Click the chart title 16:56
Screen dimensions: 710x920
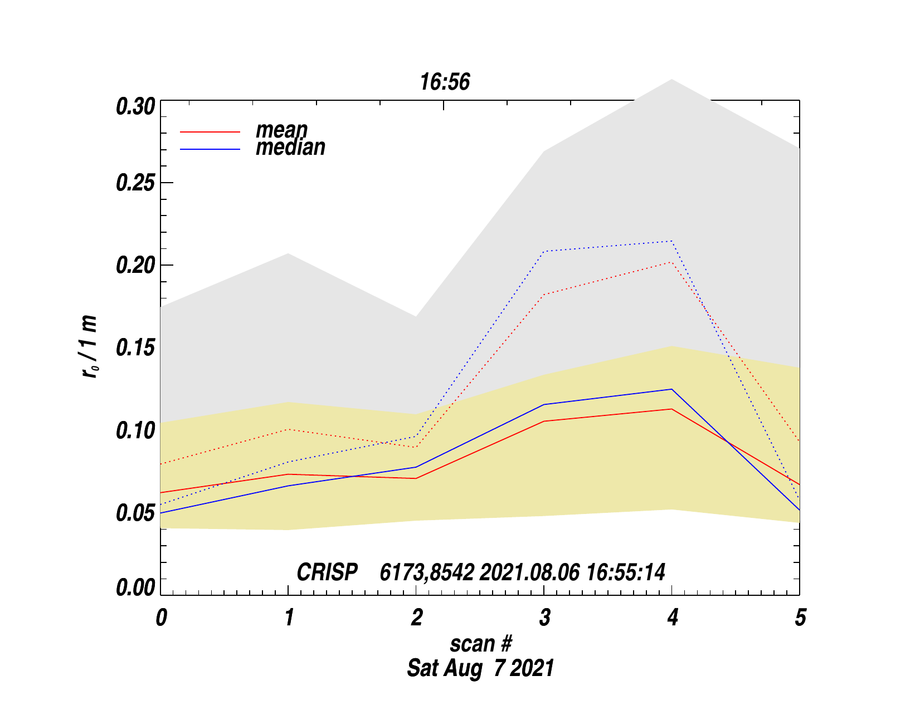[445, 82]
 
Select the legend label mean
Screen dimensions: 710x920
[281, 130]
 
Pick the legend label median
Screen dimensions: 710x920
[290, 148]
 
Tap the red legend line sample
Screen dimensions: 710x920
[210, 132]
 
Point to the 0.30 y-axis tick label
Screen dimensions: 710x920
[135, 106]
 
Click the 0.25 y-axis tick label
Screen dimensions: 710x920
[135, 183]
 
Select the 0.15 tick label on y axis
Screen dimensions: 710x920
[135, 348]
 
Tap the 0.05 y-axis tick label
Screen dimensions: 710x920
[135, 513]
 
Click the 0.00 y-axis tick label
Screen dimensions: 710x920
[135, 587]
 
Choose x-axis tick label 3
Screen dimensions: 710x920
[544, 618]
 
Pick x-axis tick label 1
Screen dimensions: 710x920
[289, 618]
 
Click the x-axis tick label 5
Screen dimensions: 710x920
[800, 618]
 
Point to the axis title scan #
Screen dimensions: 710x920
[480, 644]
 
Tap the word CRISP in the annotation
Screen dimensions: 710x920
[327, 572]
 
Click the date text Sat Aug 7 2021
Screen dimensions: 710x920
[480, 668]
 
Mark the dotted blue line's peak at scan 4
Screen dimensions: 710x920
[672, 241]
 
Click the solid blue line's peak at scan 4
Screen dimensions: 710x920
[672, 389]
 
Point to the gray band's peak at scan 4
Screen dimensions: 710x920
[672, 80]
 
